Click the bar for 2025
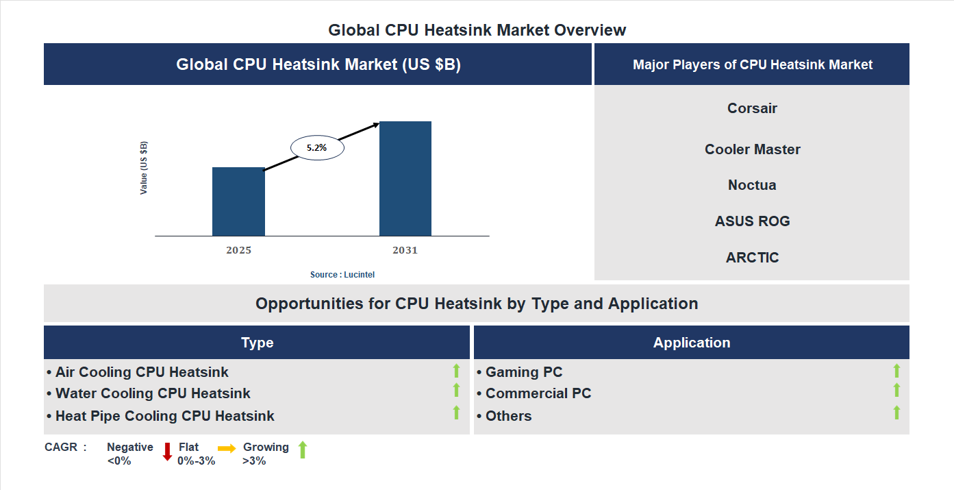point(238,201)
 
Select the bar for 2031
point(405,179)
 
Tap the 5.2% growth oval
point(317,147)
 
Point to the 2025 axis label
point(238,250)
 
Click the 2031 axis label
point(405,250)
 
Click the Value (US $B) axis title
point(144,168)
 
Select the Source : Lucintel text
point(342,275)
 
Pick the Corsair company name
point(752,108)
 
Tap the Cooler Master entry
point(752,149)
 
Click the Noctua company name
point(752,185)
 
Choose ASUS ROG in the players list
point(752,221)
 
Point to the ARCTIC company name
point(752,258)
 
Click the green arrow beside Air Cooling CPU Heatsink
point(456,371)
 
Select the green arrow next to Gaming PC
point(896,371)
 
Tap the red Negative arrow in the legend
point(167,452)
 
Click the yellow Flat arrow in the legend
point(227,448)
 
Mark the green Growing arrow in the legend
point(303,450)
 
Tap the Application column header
point(691,343)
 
